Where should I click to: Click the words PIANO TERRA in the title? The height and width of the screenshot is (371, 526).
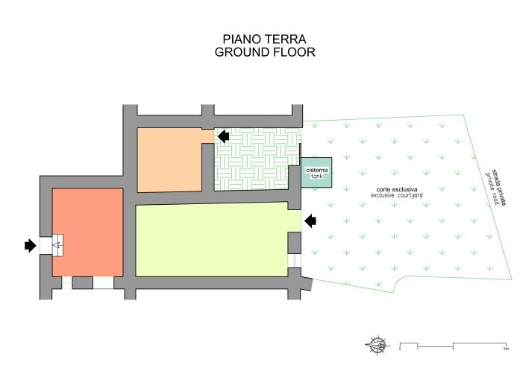(265, 39)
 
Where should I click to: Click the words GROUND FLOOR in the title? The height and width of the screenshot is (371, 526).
(265, 52)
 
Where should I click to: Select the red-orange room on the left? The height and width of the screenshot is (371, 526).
(87, 231)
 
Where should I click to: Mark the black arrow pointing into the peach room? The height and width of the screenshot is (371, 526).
(223, 134)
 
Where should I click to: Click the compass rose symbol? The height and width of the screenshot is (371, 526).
(378, 344)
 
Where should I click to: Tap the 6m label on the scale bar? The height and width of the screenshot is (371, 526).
(505, 349)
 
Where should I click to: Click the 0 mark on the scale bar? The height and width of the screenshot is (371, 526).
(400, 349)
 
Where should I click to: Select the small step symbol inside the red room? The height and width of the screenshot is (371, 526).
(56, 244)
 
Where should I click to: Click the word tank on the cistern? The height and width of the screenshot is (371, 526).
(316, 177)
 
